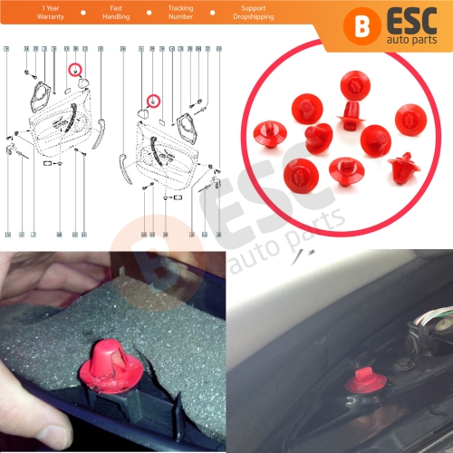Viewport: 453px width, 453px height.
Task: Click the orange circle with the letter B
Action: point(362,24)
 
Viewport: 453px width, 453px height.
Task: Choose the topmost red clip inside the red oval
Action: point(354,87)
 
